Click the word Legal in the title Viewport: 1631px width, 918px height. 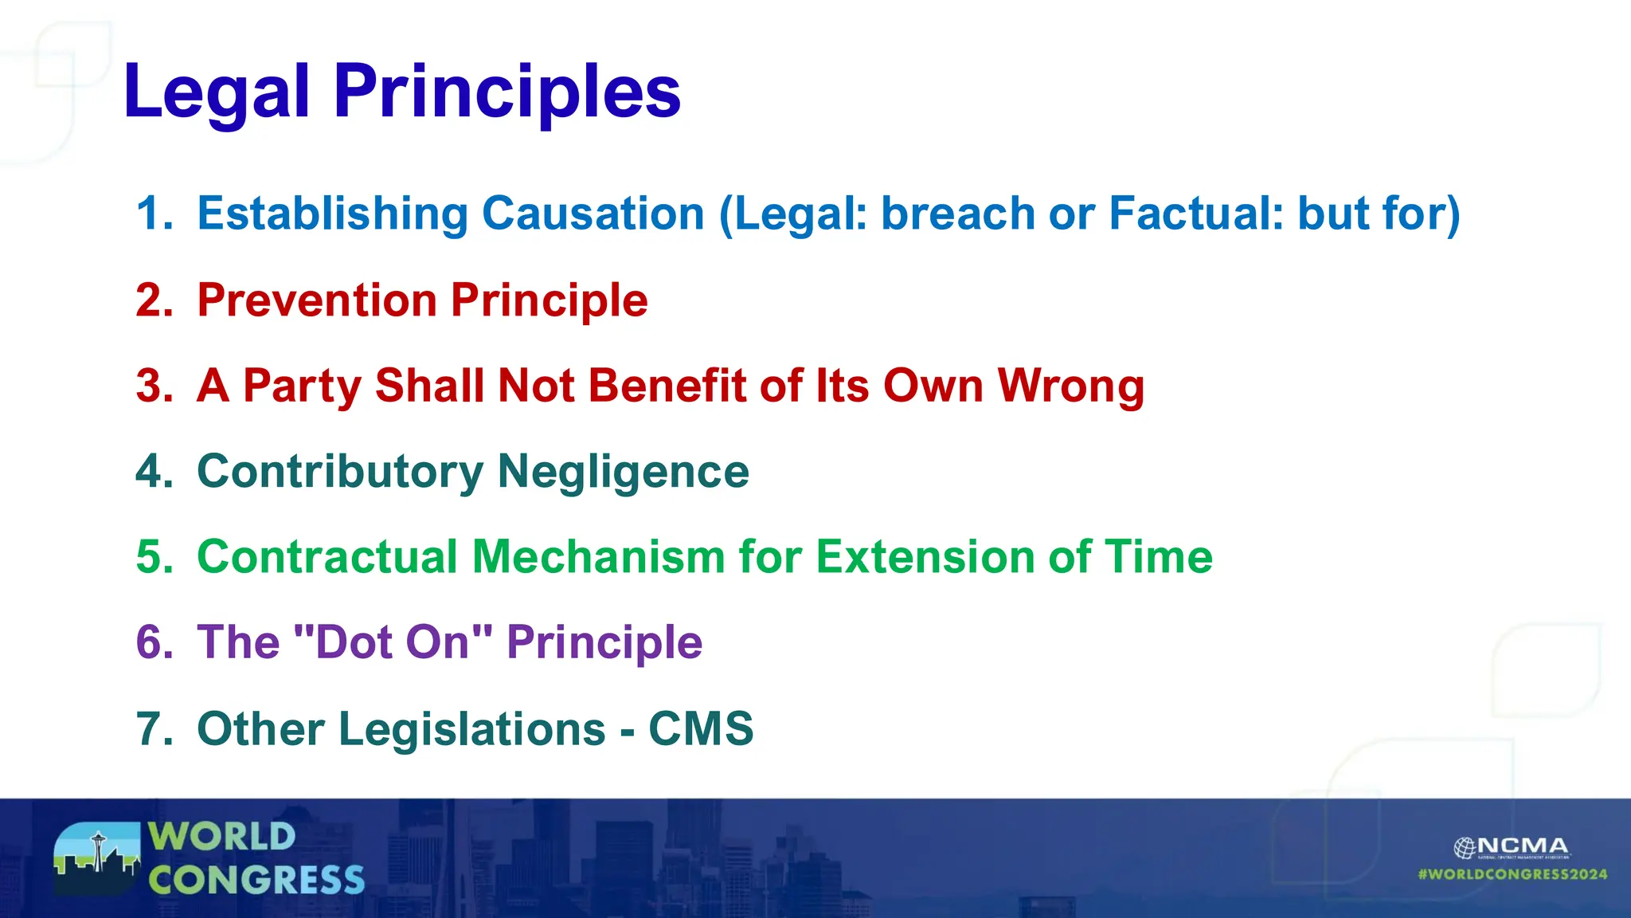216,93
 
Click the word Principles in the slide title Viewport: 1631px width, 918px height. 507,93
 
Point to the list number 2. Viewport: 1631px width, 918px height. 154,300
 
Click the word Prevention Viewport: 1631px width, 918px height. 317,300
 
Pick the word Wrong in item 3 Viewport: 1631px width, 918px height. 1071,386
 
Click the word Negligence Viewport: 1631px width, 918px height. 623,472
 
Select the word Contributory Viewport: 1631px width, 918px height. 340,472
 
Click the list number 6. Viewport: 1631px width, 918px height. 154,642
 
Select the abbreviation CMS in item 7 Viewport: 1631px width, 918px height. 701,728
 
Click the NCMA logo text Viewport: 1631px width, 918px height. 1522,846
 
